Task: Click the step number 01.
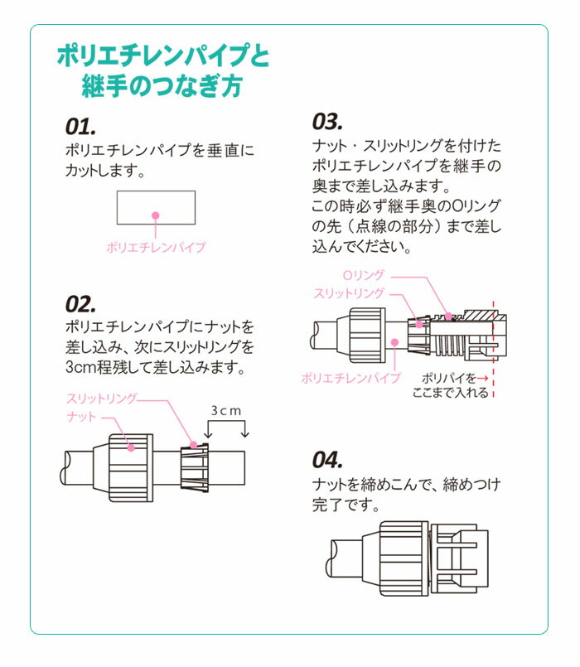81,127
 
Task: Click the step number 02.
82,303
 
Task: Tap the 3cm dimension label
226,410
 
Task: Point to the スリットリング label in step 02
101,399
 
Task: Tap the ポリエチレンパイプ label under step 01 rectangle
156,246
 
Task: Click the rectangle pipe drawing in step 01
156,207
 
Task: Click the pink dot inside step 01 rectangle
156,215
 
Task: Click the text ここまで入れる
451,393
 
